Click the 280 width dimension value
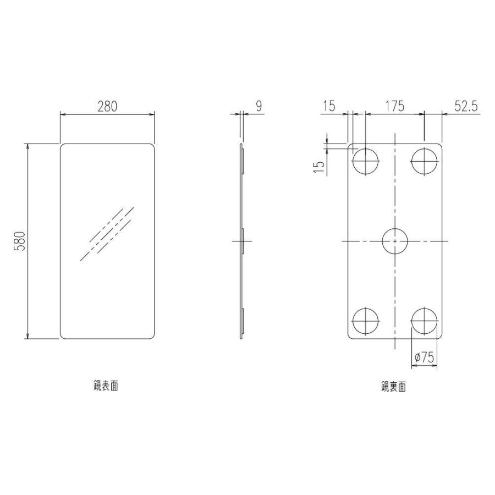[107, 107]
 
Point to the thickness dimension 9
[258, 107]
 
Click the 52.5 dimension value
[465, 106]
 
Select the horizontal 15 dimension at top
[329, 106]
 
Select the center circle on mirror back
[395, 241]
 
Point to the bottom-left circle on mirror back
[366, 321]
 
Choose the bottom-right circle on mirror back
[425, 321]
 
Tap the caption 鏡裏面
[394, 387]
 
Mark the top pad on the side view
[243, 161]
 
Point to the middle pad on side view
[243, 241]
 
